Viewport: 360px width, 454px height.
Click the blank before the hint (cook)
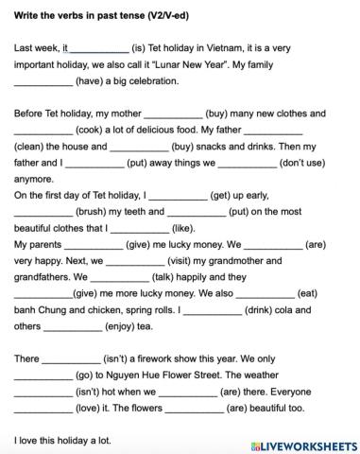43,131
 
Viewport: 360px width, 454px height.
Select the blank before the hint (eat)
267,294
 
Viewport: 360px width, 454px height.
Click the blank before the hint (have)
43,81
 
